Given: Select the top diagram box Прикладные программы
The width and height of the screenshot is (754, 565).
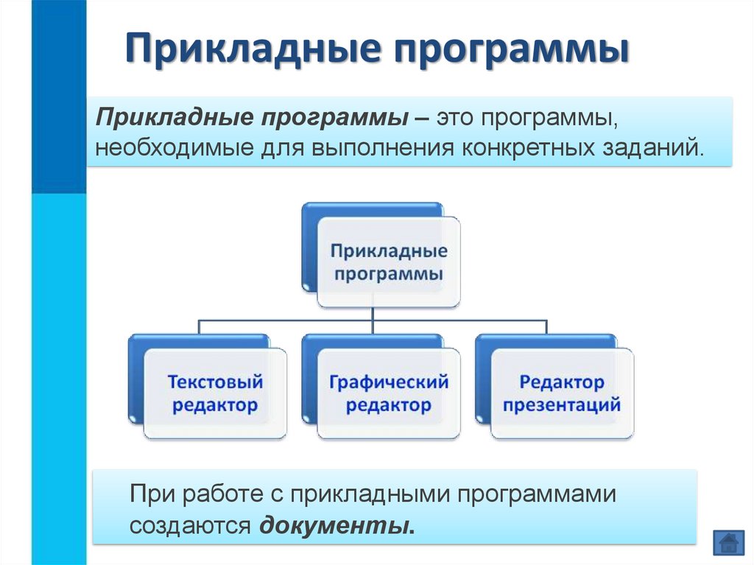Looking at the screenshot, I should coord(389,263).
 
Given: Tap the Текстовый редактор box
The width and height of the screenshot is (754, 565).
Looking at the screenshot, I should coord(215,394).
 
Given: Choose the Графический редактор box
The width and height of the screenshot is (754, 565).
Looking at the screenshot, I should coord(389,394).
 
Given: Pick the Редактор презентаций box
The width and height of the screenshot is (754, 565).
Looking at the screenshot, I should coord(562,394).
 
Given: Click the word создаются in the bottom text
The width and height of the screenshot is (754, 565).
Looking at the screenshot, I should coord(191,525).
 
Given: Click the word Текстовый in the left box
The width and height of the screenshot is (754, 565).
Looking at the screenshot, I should coord(215,383).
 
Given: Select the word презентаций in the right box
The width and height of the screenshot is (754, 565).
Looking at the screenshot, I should coord(562,406).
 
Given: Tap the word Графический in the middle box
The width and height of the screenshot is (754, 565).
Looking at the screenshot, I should coord(389,383).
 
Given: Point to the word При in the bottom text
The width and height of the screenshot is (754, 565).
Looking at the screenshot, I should coord(151,493).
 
